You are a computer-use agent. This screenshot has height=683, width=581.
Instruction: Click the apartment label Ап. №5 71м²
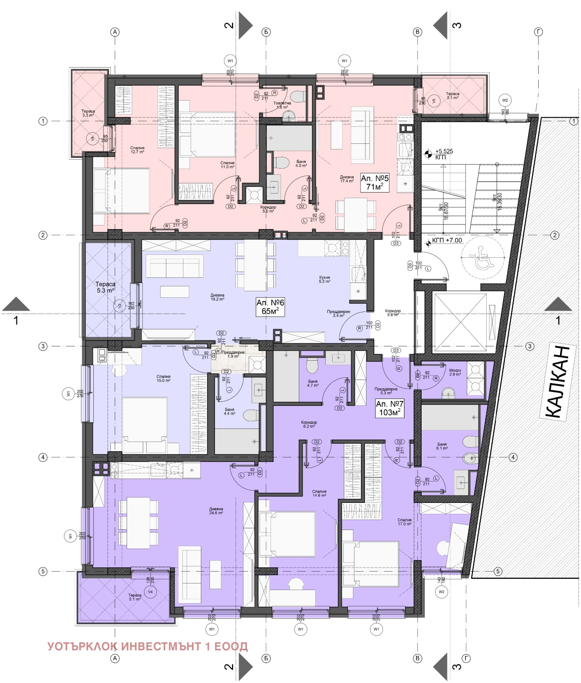pyautogui.click(x=374, y=182)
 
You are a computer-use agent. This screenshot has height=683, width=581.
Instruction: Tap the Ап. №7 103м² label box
pyautogui.click(x=389, y=408)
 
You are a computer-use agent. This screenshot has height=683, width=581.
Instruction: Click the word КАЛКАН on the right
pyautogui.click(x=558, y=382)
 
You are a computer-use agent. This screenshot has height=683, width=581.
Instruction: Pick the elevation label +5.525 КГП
pyautogui.click(x=444, y=154)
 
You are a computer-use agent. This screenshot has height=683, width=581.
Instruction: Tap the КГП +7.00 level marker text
pyautogui.click(x=447, y=240)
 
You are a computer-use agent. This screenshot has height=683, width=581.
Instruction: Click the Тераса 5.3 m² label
pyautogui.click(x=105, y=287)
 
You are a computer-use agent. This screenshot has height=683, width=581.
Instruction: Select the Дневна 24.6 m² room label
pyautogui.click(x=216, y=511)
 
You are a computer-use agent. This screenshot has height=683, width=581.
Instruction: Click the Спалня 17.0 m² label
pyautogui.click(x=405, y=522)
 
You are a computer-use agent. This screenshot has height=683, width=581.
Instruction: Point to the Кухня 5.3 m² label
pyautogui.click(x=324, y=279)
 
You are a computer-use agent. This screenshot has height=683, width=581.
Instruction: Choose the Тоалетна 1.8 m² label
pyautogui.click(x=282, y=105)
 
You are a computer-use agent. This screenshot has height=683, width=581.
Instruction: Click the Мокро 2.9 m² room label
pyautogui.click(x=455, y=372)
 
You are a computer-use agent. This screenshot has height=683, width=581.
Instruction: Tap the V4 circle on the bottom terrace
pyautogui.click(x=150, y=591)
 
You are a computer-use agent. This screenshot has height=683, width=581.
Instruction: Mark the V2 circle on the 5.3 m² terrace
pyautogui.click(x=119, y=306)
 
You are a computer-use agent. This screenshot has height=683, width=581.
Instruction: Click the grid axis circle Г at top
pyautogui.click(x=538, y=32)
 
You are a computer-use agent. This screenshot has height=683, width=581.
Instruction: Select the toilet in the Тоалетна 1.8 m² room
pyautogui.click(x=298, y=97)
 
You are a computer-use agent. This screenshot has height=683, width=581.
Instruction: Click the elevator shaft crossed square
pyautogui.click(x=460, y=322)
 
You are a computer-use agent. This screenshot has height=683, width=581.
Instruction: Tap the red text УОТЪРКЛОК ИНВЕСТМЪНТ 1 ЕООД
pyautogui.click(x=147, y=646)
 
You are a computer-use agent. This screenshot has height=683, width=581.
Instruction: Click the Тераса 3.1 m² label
pyautogui.click(x=452, y=95)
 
